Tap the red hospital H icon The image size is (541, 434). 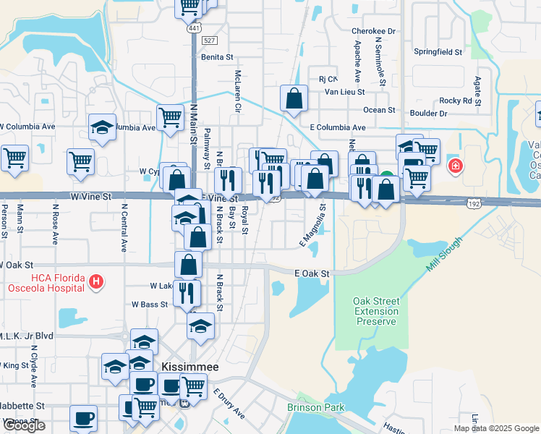tap(94, 280)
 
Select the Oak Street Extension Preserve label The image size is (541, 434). tap(375, 311)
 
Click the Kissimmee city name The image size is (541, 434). tap(189, 367)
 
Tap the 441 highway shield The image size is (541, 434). tap(194, 28)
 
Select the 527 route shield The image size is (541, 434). tap(210, 41)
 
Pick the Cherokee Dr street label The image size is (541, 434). tap(374, 31)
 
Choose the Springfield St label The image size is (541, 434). tap(438, 52)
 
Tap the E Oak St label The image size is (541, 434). tap(312, 273)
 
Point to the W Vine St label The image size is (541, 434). tap(91, 196)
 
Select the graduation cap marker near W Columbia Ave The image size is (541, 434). tap(102, 127)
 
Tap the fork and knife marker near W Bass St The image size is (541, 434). tap(187, 292)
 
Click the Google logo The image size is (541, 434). tap(25, 425)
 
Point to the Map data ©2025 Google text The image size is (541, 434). tap(496, 428)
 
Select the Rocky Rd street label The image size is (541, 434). tap(461, 101)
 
